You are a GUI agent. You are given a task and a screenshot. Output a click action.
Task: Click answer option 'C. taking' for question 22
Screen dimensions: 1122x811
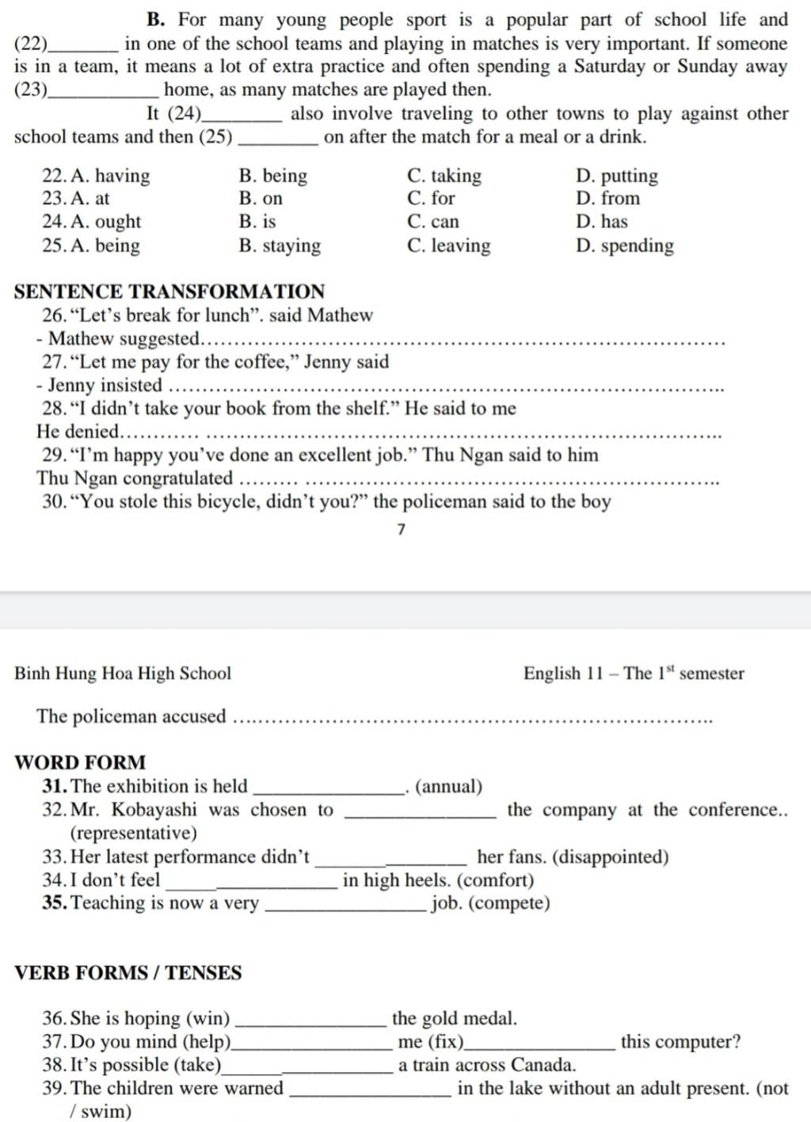444,176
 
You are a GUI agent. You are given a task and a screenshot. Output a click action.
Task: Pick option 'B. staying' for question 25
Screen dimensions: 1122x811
280,246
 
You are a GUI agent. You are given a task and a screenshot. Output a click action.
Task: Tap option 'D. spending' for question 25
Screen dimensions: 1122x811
625,246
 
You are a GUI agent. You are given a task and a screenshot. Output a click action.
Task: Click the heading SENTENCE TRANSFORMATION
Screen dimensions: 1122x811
169,291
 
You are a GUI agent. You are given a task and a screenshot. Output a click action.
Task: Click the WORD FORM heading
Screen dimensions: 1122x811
80,762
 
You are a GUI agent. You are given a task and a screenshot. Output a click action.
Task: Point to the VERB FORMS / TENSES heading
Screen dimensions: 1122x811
128,972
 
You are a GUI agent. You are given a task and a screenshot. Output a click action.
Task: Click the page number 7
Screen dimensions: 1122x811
402,529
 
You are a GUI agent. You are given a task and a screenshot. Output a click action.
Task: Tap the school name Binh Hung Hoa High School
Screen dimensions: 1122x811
123,674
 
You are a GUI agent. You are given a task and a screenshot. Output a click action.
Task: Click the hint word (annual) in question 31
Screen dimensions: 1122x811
448,787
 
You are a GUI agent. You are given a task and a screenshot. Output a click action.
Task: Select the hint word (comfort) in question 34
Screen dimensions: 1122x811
496,880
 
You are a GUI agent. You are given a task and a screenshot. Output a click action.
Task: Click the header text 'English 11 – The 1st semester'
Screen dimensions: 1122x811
634,674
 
